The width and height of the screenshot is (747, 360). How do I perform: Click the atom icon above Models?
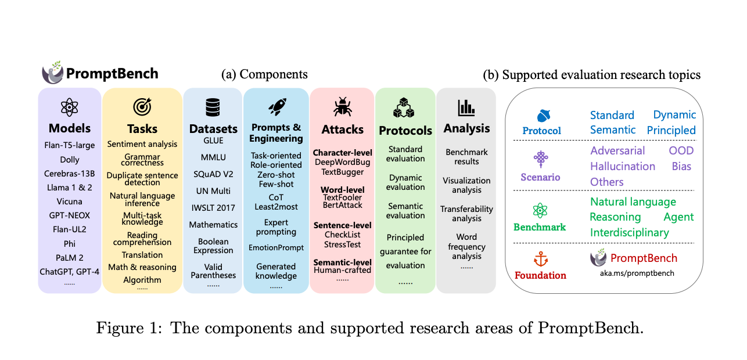coord(69,107)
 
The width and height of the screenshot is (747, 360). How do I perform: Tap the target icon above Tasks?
coord(142,107)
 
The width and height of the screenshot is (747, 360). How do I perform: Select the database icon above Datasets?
coord(213,107)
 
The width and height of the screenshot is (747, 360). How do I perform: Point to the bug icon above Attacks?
coord(342,107)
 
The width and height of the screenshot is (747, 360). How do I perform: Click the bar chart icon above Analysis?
coord(466,107)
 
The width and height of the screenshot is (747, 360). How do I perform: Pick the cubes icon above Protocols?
coord(405,108)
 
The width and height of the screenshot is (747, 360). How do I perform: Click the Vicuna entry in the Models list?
coord(69,201)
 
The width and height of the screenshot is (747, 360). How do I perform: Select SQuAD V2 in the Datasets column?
coord(213,174)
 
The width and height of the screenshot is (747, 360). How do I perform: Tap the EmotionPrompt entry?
coord(276,247)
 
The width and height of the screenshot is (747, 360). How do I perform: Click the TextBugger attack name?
coord(342,172)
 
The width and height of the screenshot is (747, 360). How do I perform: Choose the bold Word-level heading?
coord(343,189)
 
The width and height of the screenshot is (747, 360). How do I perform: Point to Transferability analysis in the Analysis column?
coord(466,213)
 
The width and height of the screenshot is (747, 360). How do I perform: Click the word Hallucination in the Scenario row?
coord(623,166)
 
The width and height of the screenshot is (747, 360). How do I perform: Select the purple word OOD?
coord(681,150)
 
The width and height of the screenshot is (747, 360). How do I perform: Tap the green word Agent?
coord(678,217)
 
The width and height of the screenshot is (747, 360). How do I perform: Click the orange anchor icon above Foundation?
coord(541,260)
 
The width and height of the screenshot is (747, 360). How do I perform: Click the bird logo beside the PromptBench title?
coord(53,73)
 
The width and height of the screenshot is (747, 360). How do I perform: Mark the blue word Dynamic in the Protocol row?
coord(674,114)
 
